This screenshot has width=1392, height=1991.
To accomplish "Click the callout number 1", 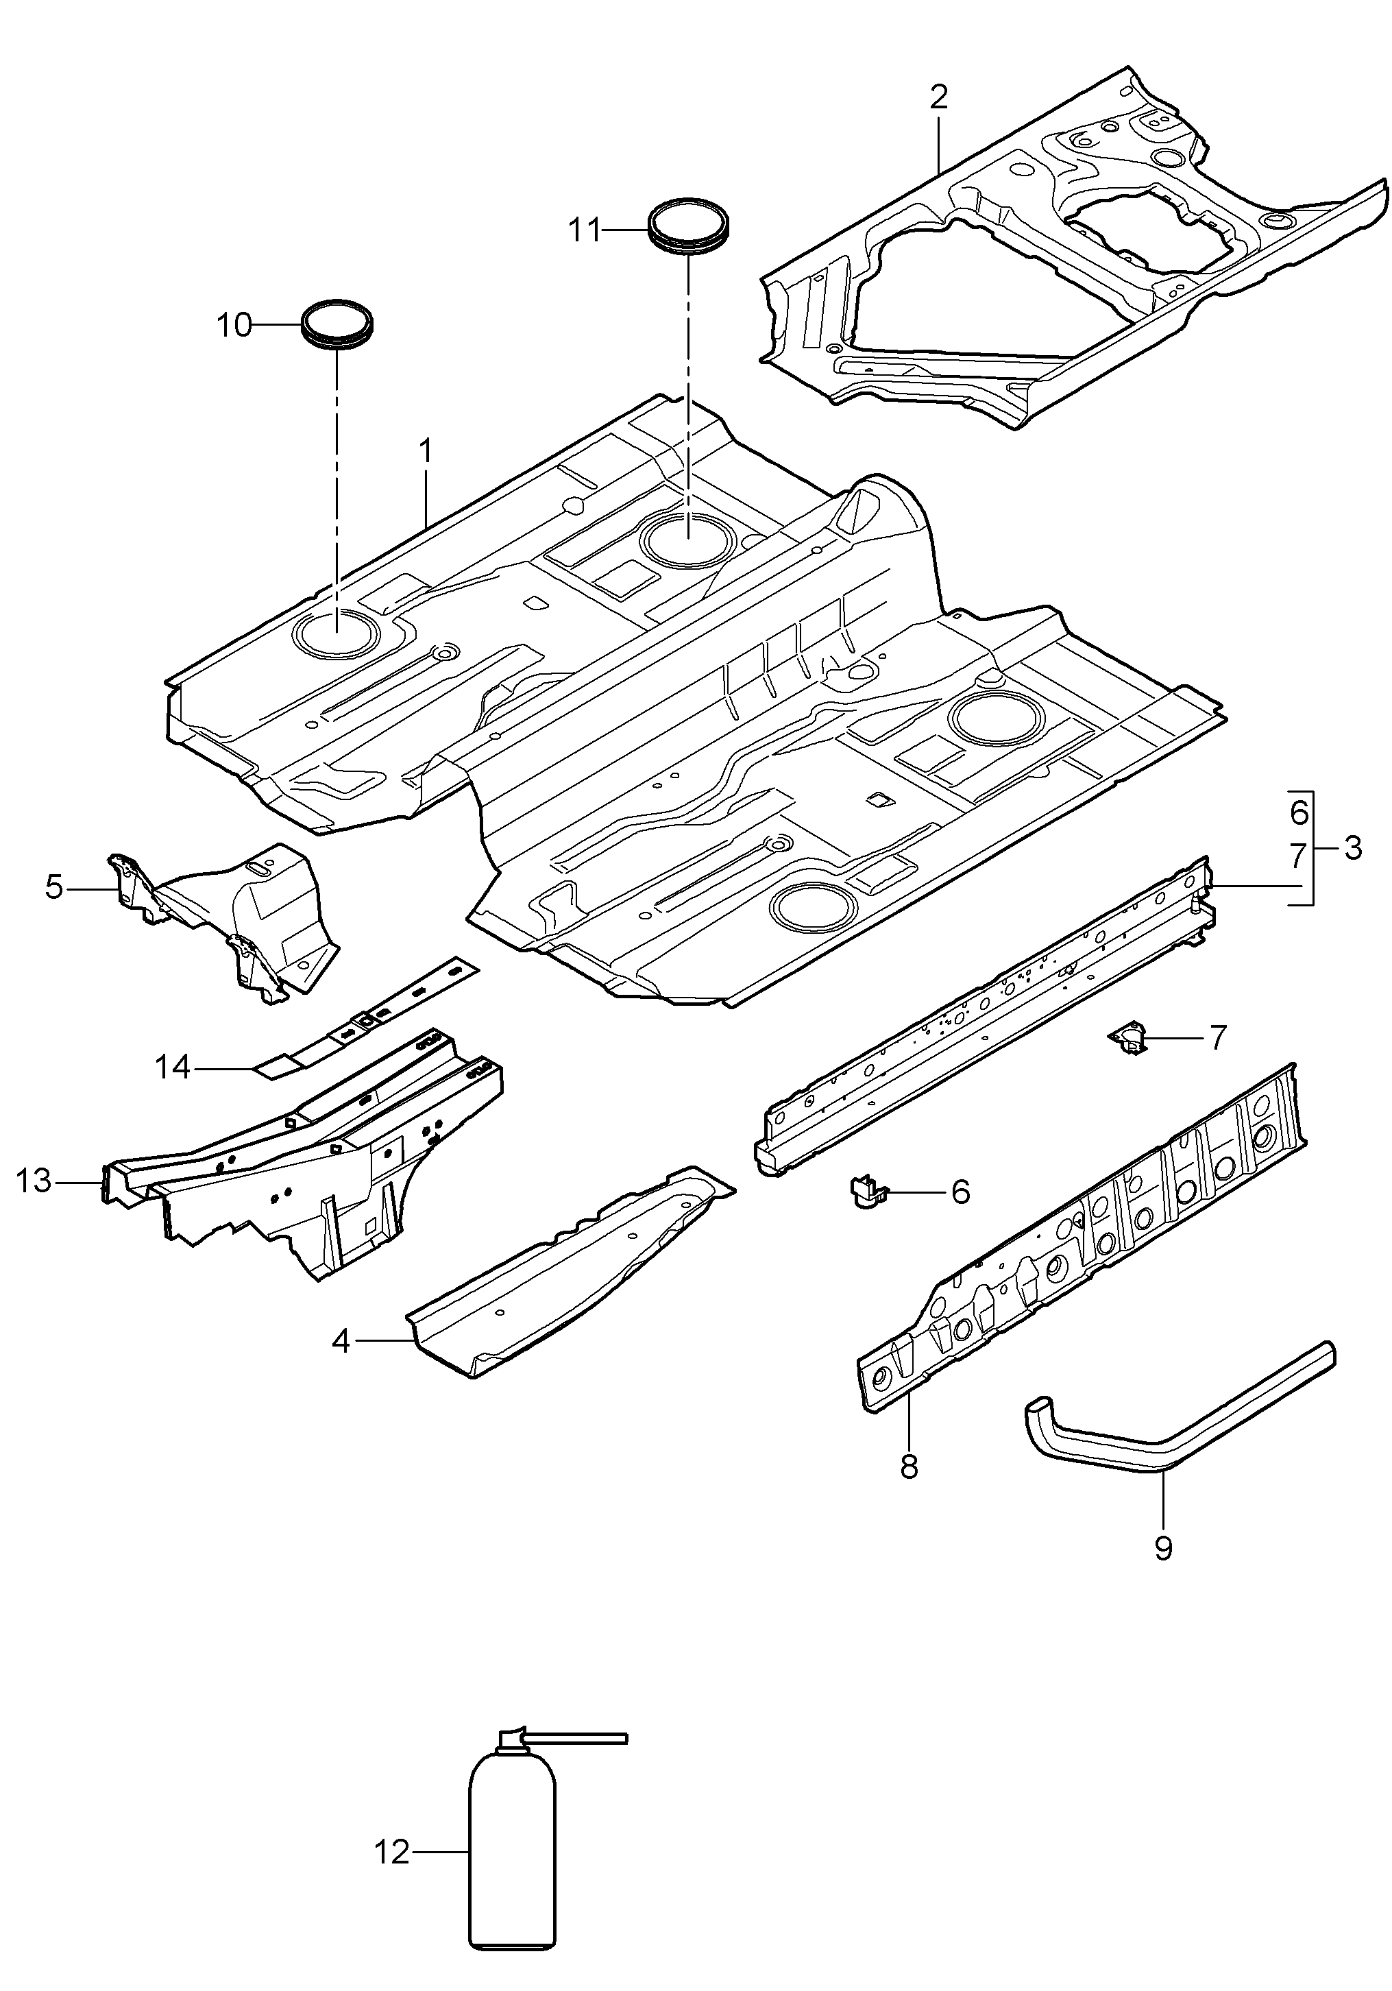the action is [426, 452].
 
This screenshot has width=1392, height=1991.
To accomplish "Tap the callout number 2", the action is [939, 98].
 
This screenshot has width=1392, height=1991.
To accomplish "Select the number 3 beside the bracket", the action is [1353, 847].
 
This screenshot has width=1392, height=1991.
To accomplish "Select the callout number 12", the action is [392, 1853].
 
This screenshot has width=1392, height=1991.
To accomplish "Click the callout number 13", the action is [35, 1181].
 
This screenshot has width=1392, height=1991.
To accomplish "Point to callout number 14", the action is [173, 1067].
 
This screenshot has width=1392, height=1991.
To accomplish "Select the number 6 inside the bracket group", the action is [1298, 812].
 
